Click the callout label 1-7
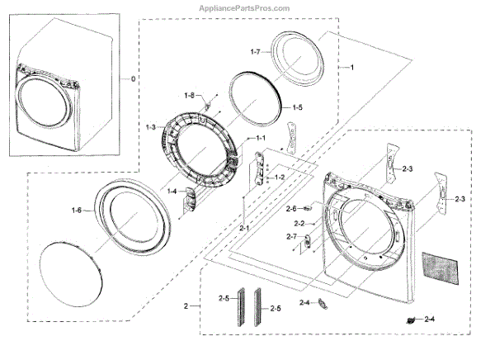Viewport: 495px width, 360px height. point(255,52)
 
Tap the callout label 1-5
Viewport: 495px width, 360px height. point(297,108)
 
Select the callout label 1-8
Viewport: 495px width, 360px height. point(189,96)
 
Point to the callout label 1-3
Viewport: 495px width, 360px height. point(149,126)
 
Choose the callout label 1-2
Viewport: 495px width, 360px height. point(280,177)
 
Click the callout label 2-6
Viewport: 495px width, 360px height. point(290,209)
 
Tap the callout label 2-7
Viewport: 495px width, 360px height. point(292,237)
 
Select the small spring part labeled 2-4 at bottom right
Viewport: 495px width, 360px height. point(410,320)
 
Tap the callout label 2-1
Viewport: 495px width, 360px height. point(245,228)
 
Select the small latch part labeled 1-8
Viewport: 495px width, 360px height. point(207,105)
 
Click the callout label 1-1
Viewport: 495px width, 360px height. point(260,137)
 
